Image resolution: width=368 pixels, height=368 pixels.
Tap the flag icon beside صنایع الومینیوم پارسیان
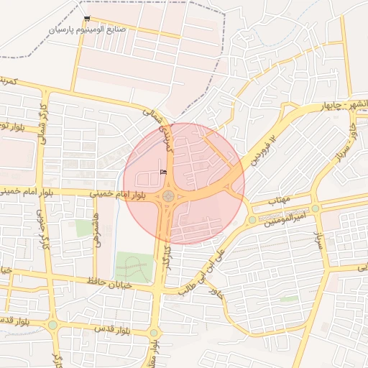[87, 19]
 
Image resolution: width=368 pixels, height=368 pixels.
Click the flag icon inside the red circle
[162, 171]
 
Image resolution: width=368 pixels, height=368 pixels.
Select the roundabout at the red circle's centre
[168, 195]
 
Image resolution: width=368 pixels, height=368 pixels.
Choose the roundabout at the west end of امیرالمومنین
[252, 219]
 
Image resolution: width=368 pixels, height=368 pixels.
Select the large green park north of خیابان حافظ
[134, 267]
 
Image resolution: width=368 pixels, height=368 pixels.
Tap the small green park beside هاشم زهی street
[85, 229]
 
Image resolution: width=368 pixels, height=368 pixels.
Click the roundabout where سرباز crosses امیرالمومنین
[315, 208]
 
